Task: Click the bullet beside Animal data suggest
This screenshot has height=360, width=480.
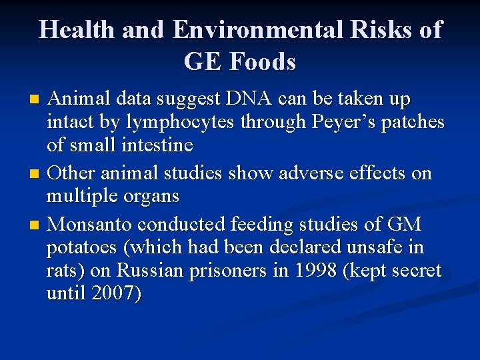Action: [x=36, y=101]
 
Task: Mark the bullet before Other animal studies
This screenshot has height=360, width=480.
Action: [x=36, y=175]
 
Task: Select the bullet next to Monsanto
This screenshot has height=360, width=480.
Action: [x=36, y=223]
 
